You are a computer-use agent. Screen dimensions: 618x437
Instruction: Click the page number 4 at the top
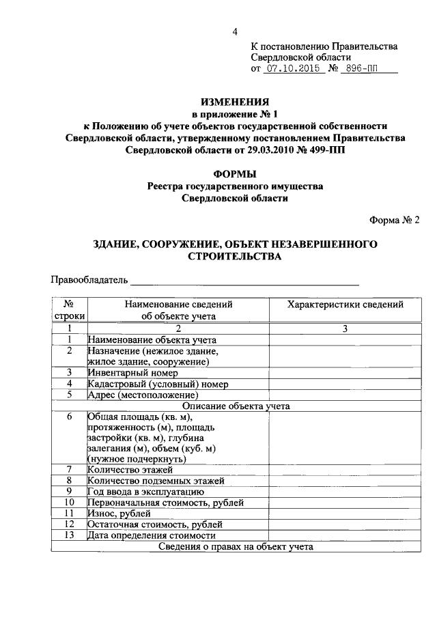point(235,31)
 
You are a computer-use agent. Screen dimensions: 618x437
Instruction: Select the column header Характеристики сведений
point(345,305)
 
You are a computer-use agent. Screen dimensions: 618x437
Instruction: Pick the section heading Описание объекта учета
point(236,406)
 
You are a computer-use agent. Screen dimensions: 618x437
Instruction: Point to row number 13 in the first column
point(69,535)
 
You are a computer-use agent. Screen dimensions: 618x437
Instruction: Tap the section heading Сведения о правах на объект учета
point(236,546)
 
